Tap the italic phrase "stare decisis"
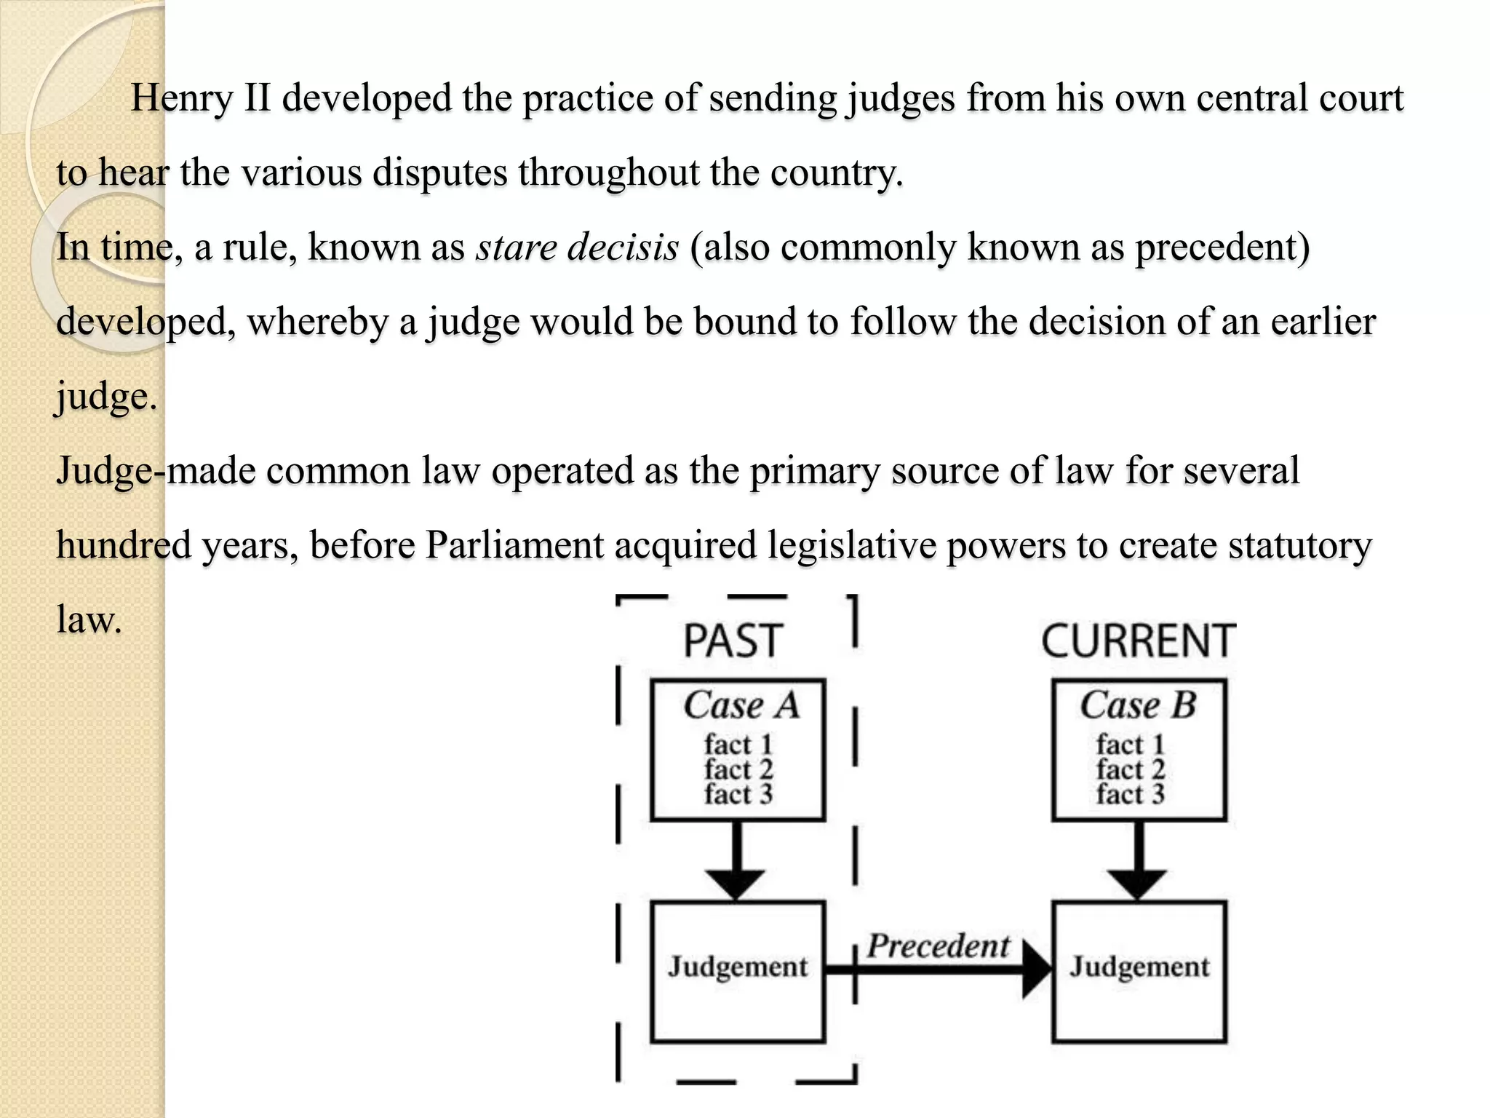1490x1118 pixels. click(577, 247)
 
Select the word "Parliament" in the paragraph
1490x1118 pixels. click(514, 545)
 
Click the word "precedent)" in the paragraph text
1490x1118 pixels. click(1222, 247)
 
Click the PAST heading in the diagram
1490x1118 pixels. click(733, 641)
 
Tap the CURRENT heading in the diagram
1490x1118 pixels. click(1138, 641)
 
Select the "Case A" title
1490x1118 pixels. click(741, 705)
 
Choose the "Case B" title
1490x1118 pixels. click(1138, 705)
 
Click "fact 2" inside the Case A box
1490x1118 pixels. click(738, 769)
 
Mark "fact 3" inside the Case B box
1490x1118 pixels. click(1131, 794)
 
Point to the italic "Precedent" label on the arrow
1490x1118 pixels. click(939, 946)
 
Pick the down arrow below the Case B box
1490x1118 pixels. click(1138, 866)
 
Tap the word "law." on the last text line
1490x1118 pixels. click(89, 620)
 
